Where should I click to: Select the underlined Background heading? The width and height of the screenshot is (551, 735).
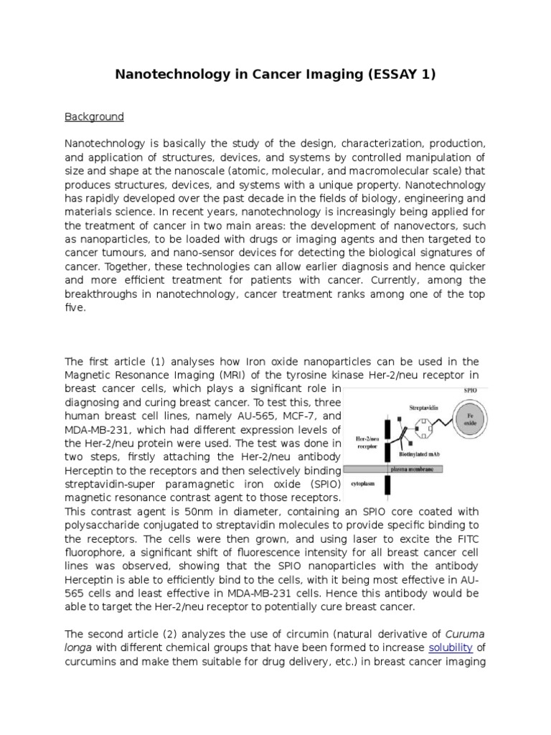click(95, 116)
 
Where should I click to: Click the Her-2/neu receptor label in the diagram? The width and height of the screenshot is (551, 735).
click(362, 439)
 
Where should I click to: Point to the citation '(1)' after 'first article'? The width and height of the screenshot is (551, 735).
click(156, 361)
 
